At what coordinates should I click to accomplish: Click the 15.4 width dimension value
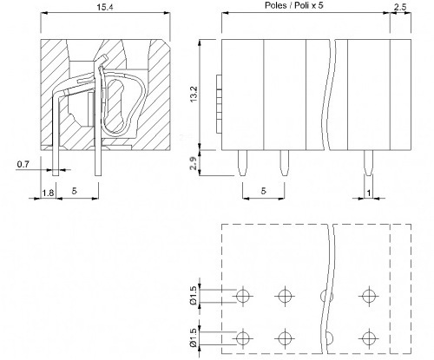105,7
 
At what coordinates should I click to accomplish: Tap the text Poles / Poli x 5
293,5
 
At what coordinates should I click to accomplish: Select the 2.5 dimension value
400,7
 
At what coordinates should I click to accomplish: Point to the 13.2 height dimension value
194,94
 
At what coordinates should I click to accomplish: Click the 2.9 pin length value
194,162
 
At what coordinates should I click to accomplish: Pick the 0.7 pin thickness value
23,165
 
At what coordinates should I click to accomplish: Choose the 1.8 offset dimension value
48,193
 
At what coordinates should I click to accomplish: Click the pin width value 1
369,193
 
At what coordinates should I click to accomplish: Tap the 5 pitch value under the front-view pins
263,191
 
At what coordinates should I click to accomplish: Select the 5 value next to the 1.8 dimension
75,191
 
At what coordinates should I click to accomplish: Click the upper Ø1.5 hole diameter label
194,295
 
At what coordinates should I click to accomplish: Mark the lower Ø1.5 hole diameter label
194,337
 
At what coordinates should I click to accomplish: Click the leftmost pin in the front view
242,163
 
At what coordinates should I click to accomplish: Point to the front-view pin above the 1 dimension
368,163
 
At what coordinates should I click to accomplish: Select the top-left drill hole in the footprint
242,296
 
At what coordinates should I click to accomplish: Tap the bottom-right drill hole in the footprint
368,338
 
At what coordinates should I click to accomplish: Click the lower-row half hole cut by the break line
330,338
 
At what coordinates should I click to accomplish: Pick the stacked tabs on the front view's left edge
219,104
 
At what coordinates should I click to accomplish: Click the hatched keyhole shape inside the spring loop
115,106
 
